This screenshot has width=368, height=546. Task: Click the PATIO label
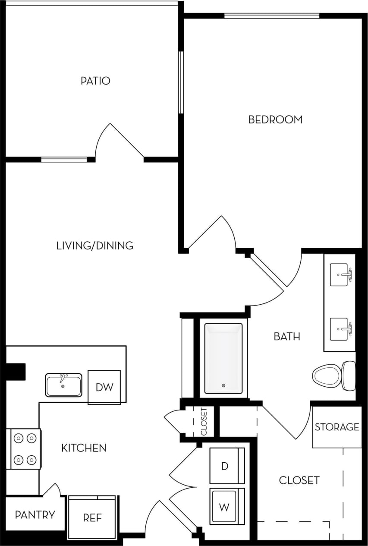[95, 81]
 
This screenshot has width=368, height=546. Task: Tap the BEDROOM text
[275, 120]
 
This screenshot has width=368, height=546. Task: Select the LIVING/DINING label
[95, 246]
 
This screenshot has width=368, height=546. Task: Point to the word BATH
[287, 336]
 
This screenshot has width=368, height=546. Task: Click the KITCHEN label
[84, 448]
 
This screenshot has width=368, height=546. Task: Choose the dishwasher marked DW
[104, 387]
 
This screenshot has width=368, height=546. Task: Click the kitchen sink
[63, 385]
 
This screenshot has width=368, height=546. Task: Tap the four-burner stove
[25, 449]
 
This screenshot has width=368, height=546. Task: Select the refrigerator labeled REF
[92, 518]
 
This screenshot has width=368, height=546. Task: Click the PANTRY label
[35, 514]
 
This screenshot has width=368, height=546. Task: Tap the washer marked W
[226, 507]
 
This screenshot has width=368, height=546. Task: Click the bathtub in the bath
[223, 358]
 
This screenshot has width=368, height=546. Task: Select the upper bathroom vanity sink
[340, 275]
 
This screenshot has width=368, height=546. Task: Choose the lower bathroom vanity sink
[340, 329]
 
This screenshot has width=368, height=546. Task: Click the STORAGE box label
[337, 427]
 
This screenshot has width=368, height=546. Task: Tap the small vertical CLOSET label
[204, 421]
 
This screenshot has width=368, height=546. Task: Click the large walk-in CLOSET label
[299, 480]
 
